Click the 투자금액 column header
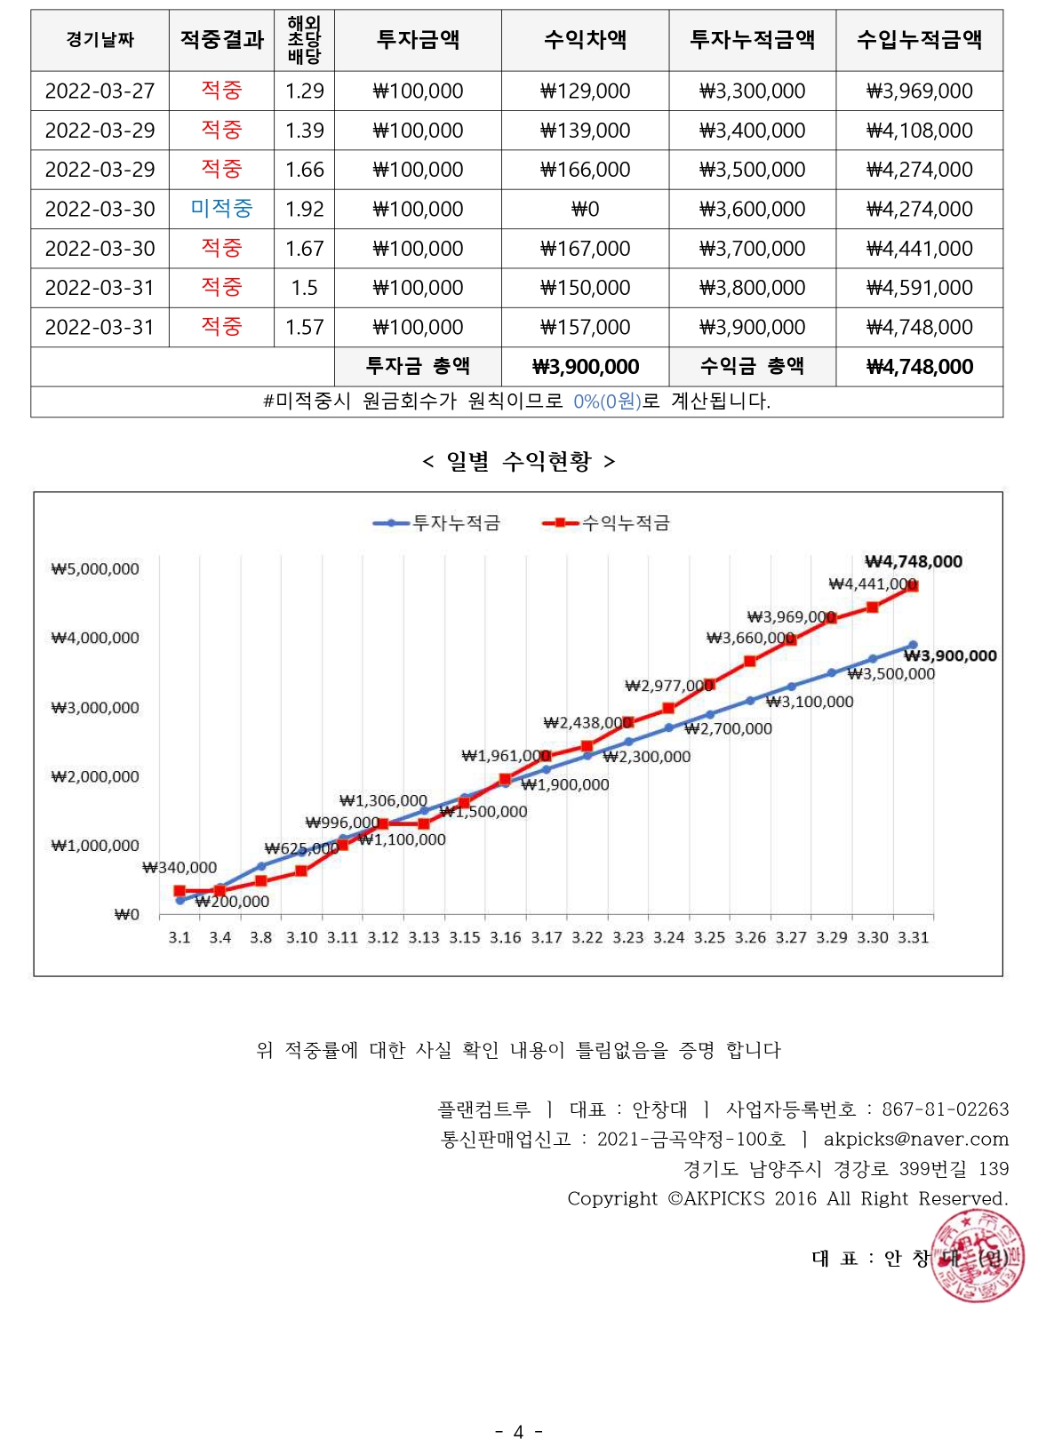click(418, 40)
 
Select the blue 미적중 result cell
click(221, 209)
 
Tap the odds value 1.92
click(304, 210)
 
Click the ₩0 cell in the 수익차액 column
click(585, 210)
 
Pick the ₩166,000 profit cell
click(585, 170)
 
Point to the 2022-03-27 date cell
click(100, 91)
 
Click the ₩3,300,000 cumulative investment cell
click(752, 91)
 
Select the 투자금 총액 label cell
click(418, 366)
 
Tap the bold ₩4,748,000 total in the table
click(919, 367)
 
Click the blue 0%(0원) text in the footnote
click(607, 402)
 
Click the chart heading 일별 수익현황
click(519, 461)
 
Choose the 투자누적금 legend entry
click(437, 523)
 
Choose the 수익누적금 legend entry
click(607, 523)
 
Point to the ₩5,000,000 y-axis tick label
click(95, 569)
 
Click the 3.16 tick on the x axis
click(505, 938)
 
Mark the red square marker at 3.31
click(913, 586)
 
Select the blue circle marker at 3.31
click(913, 646)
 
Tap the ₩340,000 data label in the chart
click(180, 868)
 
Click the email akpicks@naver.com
click(915, 1140)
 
